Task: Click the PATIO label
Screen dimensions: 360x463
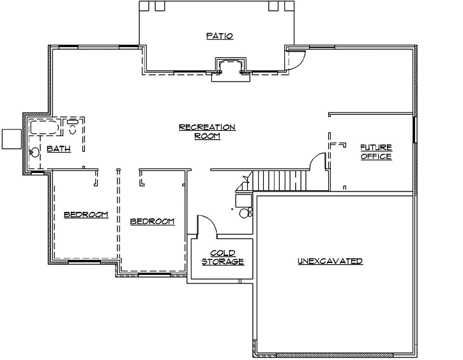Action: tap(219, 36)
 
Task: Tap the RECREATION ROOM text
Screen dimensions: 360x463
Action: tap(207, 131)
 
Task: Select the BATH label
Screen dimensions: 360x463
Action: tap(58, 149)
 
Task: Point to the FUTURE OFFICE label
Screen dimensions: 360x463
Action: tap(376, 152)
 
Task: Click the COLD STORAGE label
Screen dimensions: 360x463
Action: tap(223, 257)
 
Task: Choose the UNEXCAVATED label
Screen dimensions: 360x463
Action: tap(330, 261)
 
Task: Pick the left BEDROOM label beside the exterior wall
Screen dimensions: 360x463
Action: tap(86, 214)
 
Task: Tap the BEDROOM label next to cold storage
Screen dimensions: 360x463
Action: tap(152, 221)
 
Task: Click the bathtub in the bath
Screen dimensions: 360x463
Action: tap(44, 127)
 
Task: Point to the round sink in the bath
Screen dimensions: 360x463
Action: tap(34, 152)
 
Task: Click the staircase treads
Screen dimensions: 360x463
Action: tap(278, 181)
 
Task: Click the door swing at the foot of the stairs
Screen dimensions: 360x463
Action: tap(317, 163)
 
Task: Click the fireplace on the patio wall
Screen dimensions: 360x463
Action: tap(229, 66)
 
